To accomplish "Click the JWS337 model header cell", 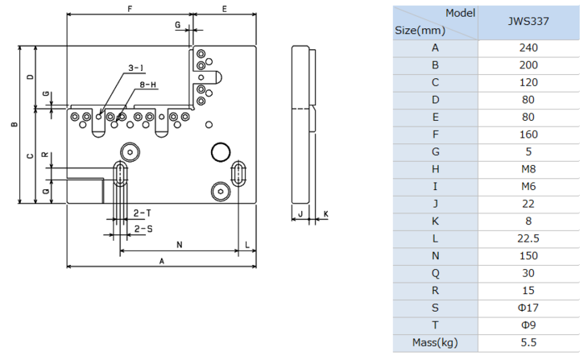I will coord(529,23).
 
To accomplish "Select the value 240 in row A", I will coord(529,48).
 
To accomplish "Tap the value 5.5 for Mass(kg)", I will coord(529,342).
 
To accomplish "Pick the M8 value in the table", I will coord(529,169).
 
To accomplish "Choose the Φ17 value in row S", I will coord(529,308).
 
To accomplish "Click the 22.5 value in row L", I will coord(529,238).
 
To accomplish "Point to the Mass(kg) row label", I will coord(435,342).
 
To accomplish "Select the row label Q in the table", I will coord(435,273).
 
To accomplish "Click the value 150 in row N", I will coord(529,255).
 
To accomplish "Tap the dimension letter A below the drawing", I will coord(161,261).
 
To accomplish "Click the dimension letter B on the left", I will coord(13,125).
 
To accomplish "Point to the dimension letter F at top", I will coord(129,8).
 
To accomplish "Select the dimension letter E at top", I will coord(225,8).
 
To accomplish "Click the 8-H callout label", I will coord(147,85).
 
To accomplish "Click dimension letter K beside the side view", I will coord(325,214).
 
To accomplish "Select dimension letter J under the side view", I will coord(300,214).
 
